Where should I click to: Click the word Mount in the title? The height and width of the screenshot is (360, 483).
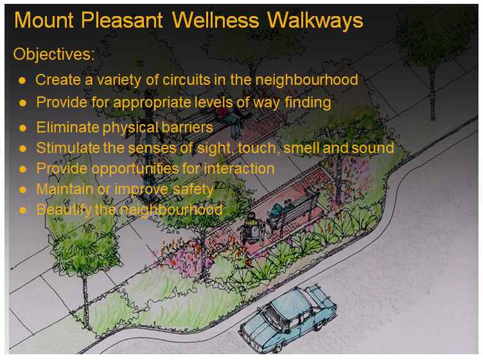coord(44,21)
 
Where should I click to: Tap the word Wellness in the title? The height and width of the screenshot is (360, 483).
coord(215,21)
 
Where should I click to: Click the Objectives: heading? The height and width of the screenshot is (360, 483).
coord(54,55)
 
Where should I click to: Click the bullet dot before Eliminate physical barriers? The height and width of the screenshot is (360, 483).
coord(22,127)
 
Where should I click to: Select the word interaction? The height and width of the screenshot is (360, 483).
coord(239,168)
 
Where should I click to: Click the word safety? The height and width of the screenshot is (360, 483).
coord(193,189)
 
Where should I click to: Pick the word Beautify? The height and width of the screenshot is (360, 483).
coord(64,210)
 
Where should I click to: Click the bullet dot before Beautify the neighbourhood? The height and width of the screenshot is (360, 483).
coord(22,210)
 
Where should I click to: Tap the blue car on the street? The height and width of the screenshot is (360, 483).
coord(287,318)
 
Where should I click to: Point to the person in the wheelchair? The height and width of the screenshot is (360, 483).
coord(252,229)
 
